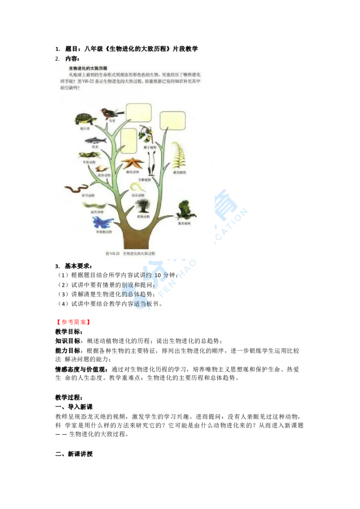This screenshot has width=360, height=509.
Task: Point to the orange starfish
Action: pos(134,162)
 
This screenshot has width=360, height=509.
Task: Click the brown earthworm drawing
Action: pos(77,188)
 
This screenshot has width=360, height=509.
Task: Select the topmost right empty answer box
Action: pos(173,120)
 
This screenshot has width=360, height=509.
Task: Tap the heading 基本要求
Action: pos(78,266)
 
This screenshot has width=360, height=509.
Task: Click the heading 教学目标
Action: pos(68,331)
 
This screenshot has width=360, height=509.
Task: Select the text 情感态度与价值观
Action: pos(81,369)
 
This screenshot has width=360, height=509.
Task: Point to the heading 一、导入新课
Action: pos(74,407)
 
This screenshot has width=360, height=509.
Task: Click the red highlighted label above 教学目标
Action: pos(73,322)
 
